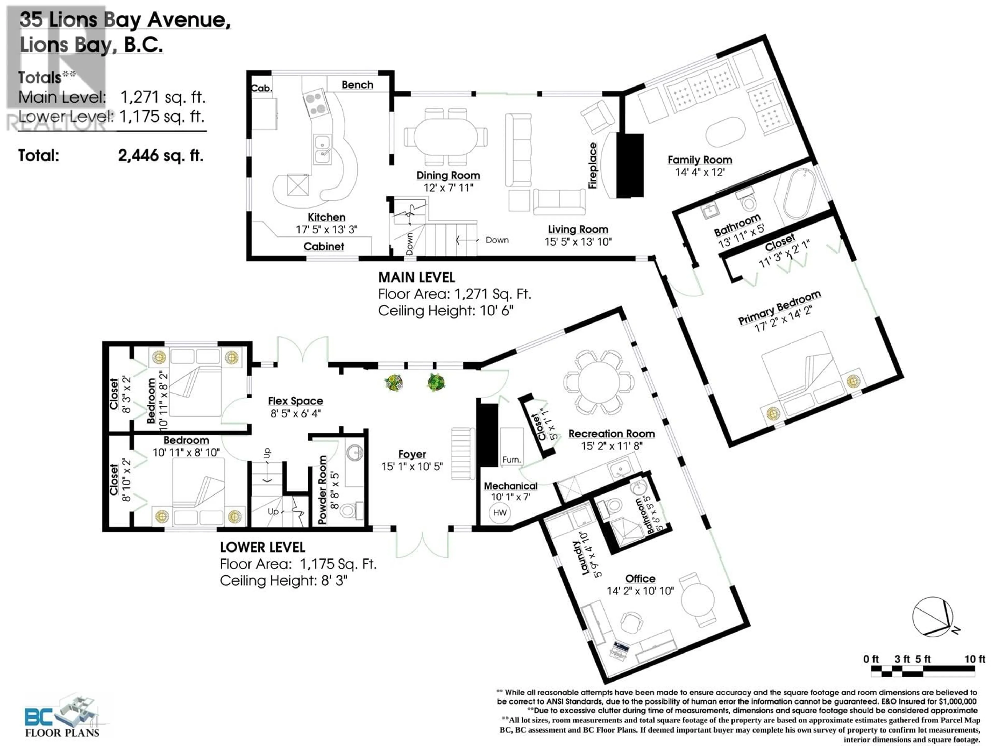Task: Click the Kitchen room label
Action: tap(326, 217)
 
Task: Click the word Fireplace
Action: tap(593, 166)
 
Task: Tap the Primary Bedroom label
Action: tap(779, 307)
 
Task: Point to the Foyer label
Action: tap(412, 454)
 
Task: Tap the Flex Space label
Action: tap(296, 401)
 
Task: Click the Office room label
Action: tap(640, 578)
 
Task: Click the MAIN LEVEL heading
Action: tap(417, 277)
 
